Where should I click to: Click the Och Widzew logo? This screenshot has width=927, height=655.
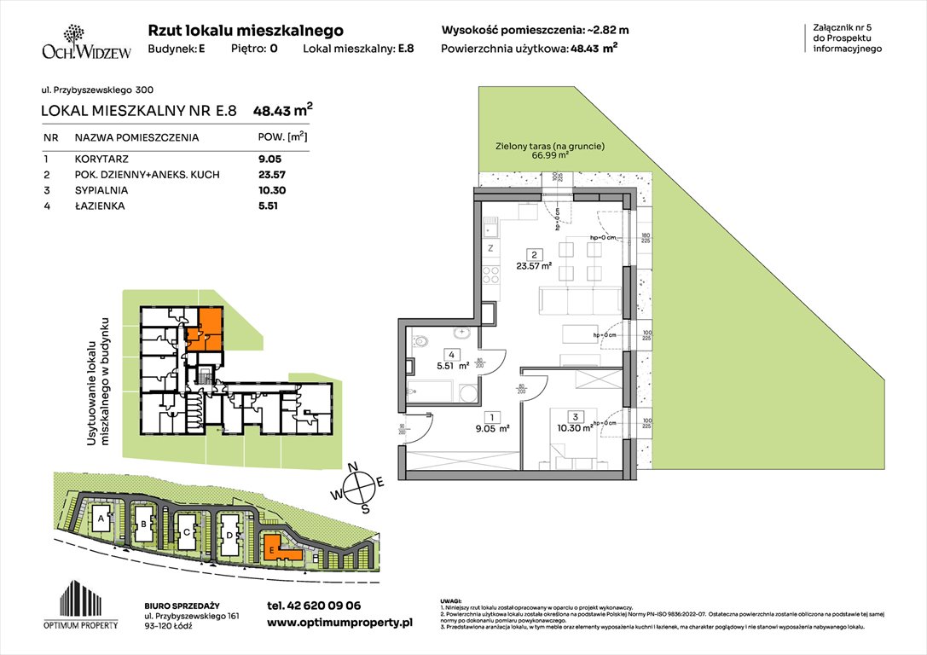[x=75, y=42]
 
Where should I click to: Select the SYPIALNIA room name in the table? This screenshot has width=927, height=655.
[x=101, y=190]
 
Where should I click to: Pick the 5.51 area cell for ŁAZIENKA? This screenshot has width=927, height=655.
[x=270, y=206]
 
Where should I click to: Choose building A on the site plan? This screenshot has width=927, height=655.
[x=101, y=518]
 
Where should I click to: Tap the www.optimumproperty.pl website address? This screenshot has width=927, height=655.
[x=339, y=623]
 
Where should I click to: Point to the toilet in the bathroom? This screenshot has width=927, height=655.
[x=423, y=344]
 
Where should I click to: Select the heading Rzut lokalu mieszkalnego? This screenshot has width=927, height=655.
[x=246, y=31]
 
